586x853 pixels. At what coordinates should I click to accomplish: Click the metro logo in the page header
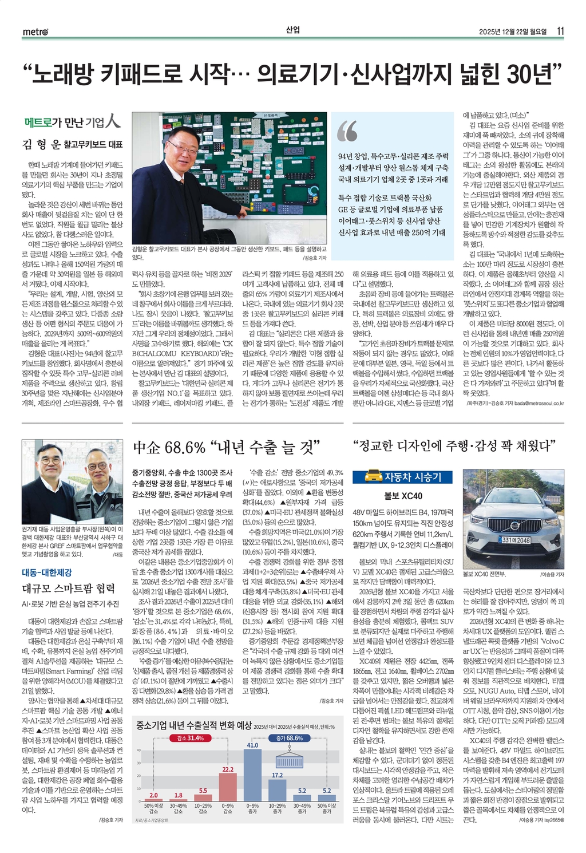coord(35,32)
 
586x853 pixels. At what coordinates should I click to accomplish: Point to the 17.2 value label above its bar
coord(277,775)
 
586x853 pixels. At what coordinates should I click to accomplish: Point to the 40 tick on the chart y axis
coord(138,750)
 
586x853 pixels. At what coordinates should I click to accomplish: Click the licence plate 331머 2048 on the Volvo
coord(516,539)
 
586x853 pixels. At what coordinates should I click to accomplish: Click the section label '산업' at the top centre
coord(292,30)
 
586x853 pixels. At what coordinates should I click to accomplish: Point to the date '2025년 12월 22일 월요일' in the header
coord(513,31)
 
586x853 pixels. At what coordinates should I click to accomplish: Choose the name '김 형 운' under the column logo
coord(41,144)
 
